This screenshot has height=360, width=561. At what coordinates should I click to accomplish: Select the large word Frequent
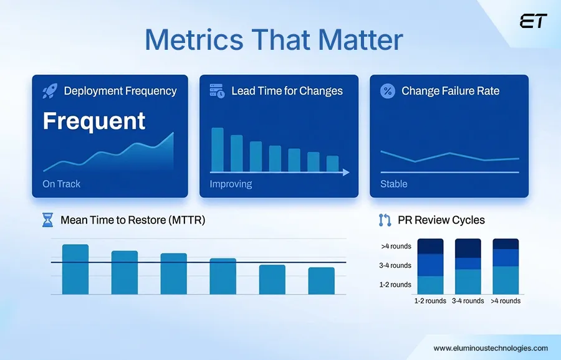(94, 121)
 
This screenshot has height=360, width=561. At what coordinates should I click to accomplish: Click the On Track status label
(61, 184)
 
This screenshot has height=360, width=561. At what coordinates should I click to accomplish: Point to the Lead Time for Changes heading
(287, 91)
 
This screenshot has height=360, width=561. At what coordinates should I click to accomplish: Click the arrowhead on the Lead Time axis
(346, 172)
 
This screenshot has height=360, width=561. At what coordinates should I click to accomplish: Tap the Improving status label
(231, 184)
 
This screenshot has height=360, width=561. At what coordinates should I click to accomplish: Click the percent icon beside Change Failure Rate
(388, 91)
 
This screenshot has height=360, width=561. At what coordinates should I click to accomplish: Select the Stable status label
(393, 184)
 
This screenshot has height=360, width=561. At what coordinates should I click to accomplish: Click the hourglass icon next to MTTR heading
(47, 220)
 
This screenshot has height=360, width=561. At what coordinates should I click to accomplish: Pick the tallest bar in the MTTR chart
(75, 269)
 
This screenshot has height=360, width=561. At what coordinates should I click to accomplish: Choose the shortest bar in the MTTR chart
(321, 280)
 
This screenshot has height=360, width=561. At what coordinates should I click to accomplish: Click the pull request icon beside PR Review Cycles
(385, 220)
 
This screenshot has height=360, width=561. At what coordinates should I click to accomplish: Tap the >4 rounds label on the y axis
(396, 246)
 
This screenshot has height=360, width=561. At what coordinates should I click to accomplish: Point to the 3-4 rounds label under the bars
(467, 301)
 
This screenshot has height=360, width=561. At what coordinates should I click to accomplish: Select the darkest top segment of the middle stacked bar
(467, 248)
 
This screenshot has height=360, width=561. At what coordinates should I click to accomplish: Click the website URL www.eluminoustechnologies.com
(491, 348)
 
